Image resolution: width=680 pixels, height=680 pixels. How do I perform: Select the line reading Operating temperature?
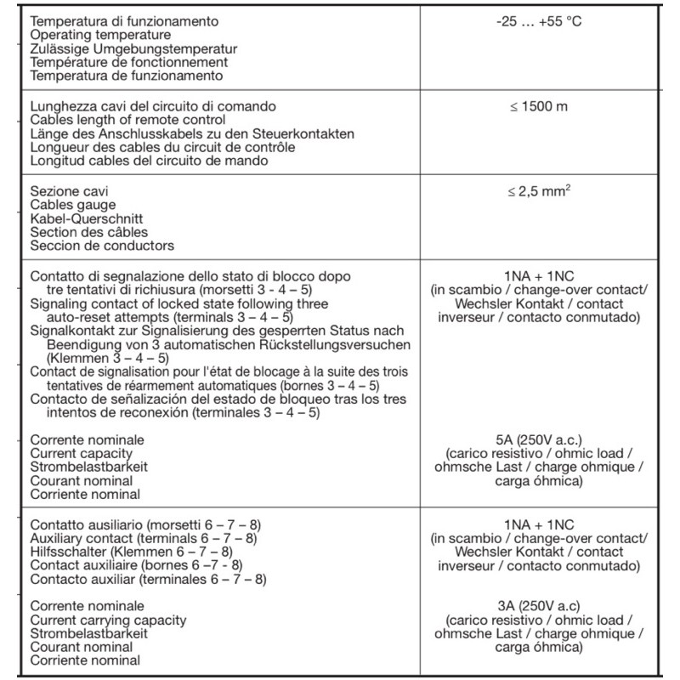[100, 35]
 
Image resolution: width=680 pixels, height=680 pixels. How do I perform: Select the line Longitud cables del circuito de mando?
[150, 161]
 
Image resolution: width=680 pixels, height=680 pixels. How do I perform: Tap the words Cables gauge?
[72, 205]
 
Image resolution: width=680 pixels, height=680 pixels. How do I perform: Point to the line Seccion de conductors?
[102, 246]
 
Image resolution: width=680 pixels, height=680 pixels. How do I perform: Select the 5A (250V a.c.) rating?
[539, 439]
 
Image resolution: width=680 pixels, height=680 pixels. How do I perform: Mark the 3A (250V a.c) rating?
[539, 606]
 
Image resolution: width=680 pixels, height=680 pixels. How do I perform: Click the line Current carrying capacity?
[108, 620]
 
